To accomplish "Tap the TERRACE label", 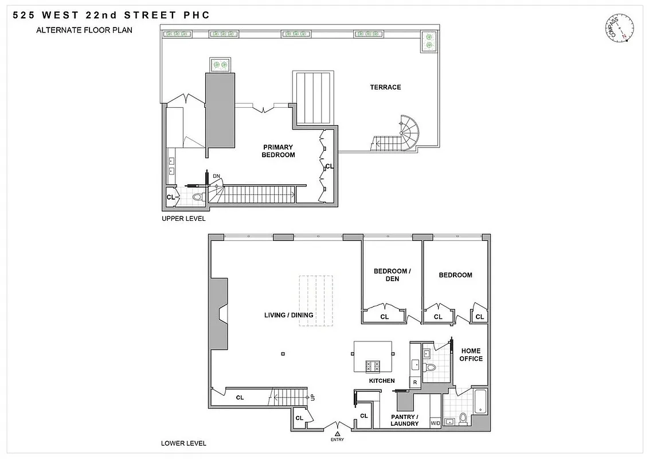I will tap(385, 87).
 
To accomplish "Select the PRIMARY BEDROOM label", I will tap(278, 151).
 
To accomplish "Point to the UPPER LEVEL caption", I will tap(183, 219).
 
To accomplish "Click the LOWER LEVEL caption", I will tap(183, 443).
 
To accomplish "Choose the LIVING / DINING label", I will tap(288, 315).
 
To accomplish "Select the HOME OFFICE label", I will tap(471, 355).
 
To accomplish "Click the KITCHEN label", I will tap(381, 381).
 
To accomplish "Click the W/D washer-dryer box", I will tap(435, 423).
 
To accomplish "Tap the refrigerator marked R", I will tap(414, 382).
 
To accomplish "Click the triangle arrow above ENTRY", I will tap(338, 433).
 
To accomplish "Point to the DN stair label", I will tap(216, 176).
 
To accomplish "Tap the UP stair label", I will tap(312, 396).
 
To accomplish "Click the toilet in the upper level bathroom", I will tap(198, 197).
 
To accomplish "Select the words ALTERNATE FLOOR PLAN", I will tap(84, 30).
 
